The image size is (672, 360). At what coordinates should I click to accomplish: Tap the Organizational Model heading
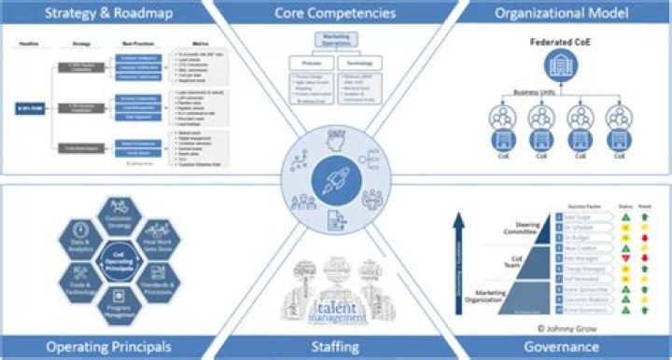click(x=561, y=13)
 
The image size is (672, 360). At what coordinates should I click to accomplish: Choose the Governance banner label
click(x=561, y=346)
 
